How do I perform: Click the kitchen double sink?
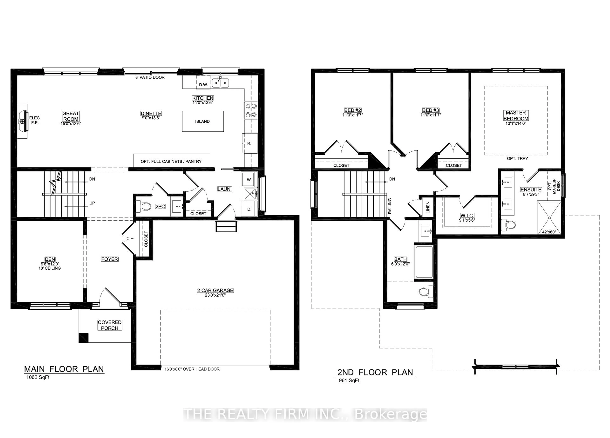pos(220,83)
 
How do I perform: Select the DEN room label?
pos(50,259)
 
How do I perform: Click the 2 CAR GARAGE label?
pos(215,290)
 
